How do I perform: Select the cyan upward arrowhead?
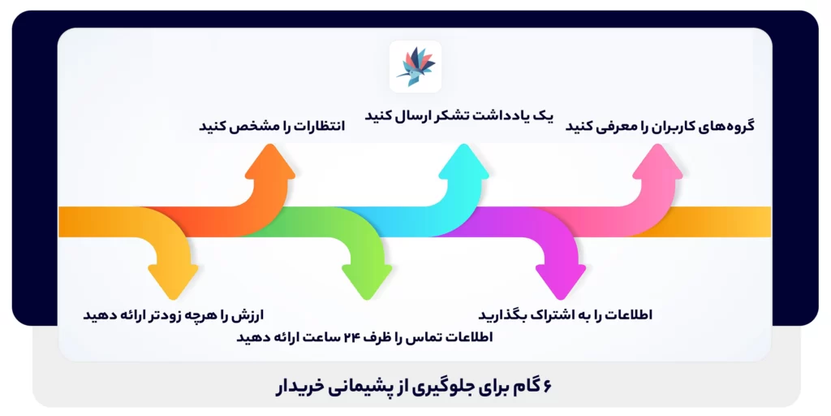tap(465, 163)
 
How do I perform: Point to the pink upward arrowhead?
tap(658, 163)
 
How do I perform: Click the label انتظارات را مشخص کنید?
tap(272, 126)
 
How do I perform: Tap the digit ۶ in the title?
tap(546, 386)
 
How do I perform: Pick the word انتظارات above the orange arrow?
tap(317, 126)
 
